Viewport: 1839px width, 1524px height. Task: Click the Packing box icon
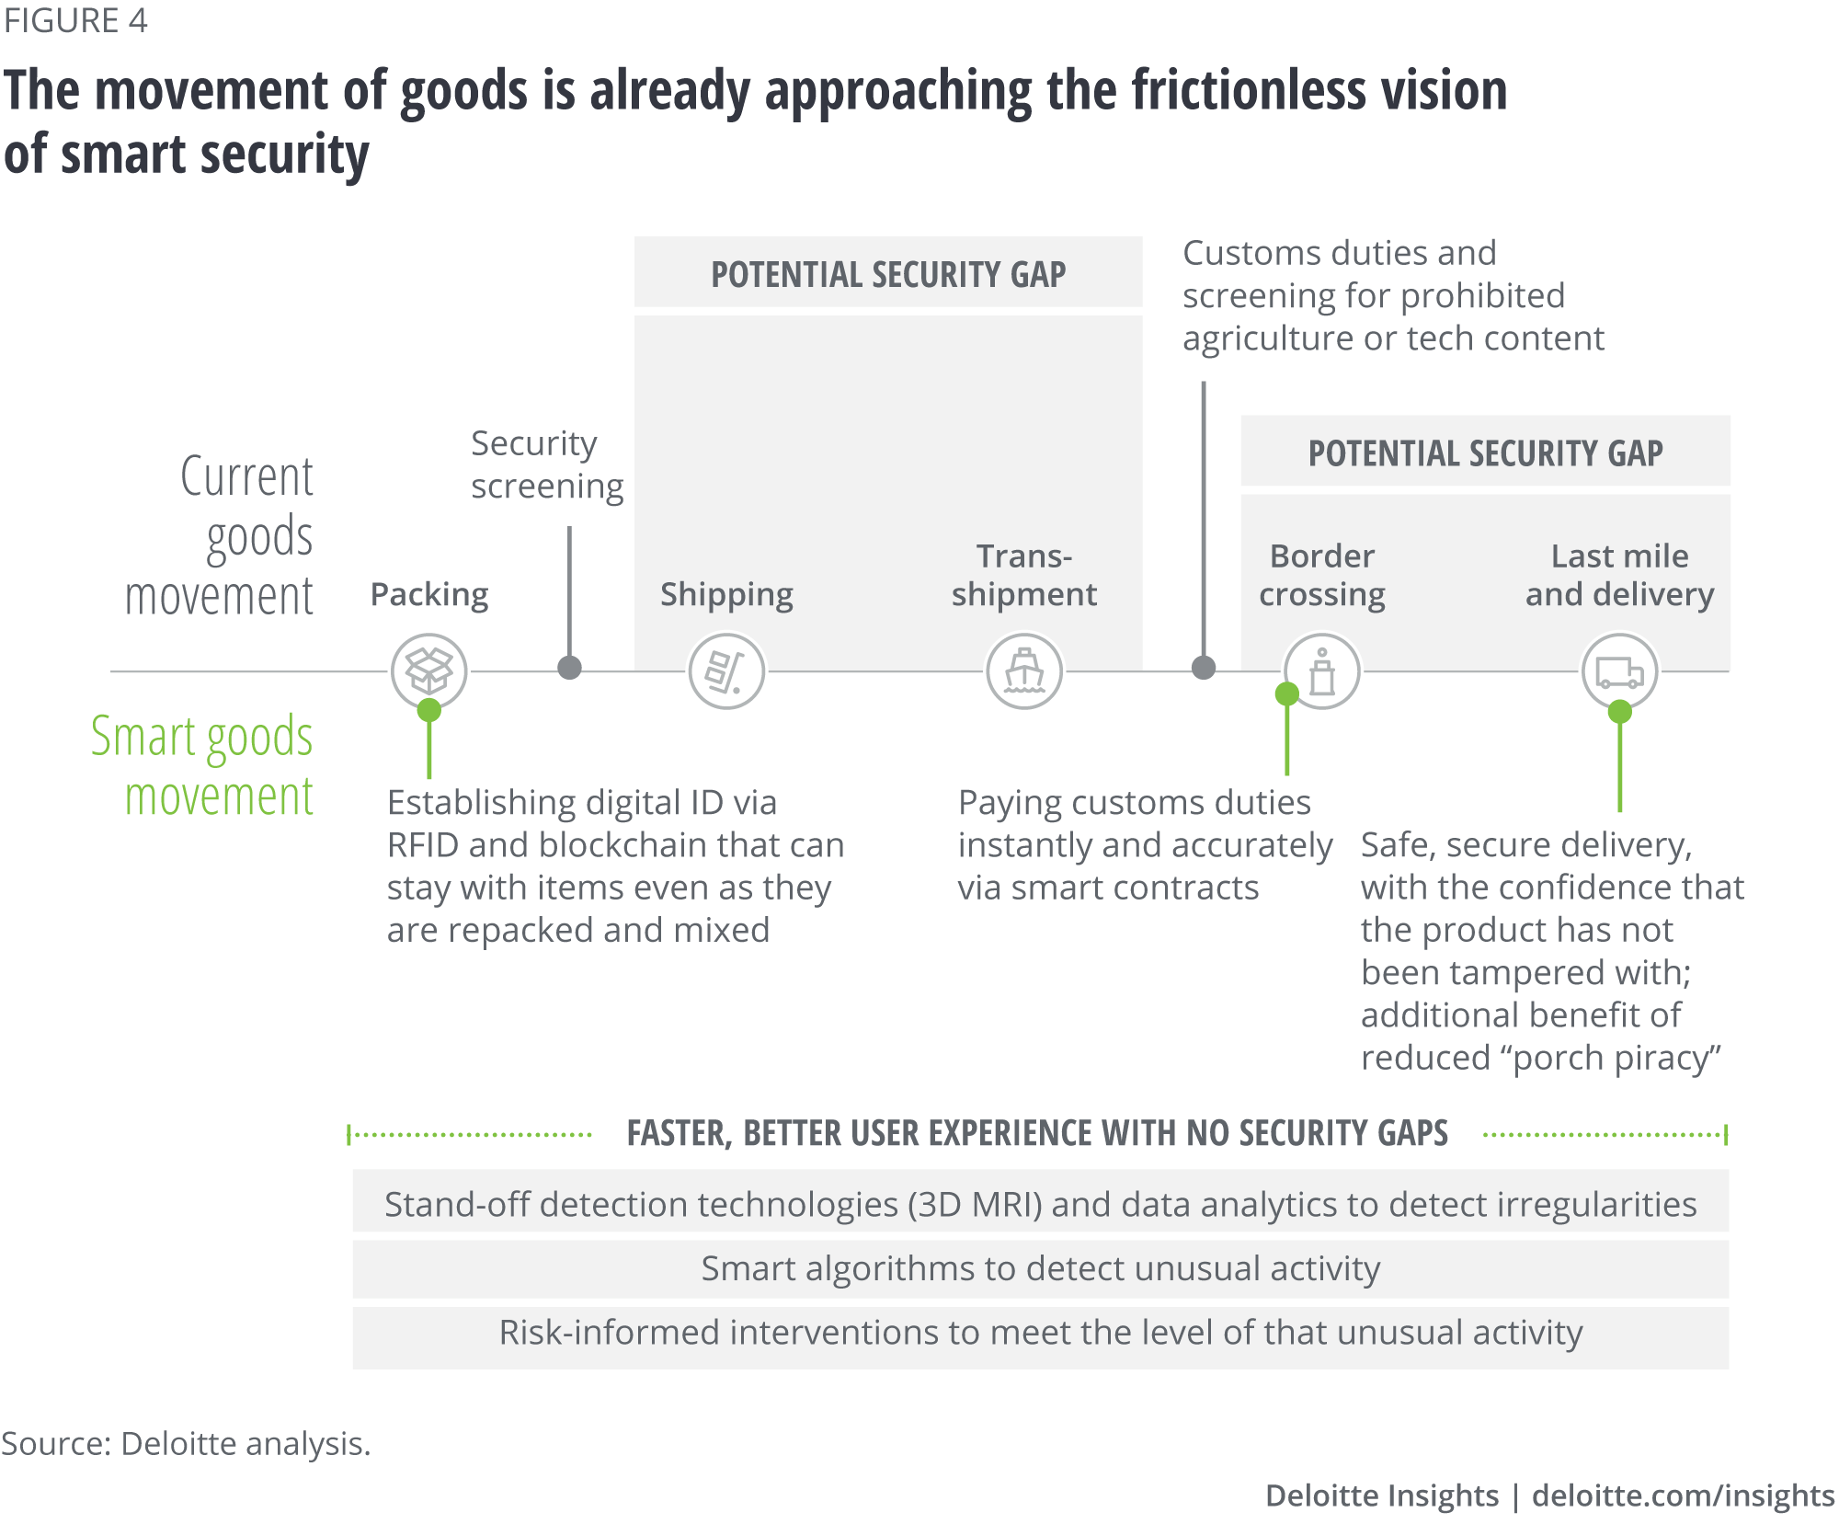tap(428, 670)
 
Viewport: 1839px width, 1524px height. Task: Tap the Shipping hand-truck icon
tap(726, 670)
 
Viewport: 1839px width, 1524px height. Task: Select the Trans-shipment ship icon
tap(1024, 670)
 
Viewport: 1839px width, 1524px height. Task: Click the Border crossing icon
tap(1322, 670)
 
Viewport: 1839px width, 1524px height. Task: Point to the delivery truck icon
tap(1619, 670)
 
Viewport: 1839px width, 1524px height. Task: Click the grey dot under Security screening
tap(570, 668)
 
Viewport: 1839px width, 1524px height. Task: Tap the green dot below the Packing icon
tap(428, 710)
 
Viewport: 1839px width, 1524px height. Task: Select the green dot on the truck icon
tap(1620, 711)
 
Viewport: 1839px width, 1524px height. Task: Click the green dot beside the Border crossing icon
tap(1287, 693)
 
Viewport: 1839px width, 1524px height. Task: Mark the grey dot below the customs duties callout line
tap(1204, 668)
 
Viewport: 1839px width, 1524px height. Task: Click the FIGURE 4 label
tap(75, 20)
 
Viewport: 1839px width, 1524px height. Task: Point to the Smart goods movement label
tap(202, 765)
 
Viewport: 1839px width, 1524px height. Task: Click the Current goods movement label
tap(221, 535)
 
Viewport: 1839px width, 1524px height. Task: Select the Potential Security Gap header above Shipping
tap(888, 273)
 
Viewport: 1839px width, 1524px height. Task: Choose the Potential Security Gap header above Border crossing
tap(1485, 452)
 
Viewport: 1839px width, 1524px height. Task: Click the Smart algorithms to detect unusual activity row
tap(1040, 1268)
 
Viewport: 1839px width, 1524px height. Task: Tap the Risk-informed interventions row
tap(1040, 1333)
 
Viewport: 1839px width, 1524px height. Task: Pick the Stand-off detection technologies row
tap(1040, 1204)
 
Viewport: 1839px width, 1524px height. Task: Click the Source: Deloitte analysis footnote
tap(186, 1443)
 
